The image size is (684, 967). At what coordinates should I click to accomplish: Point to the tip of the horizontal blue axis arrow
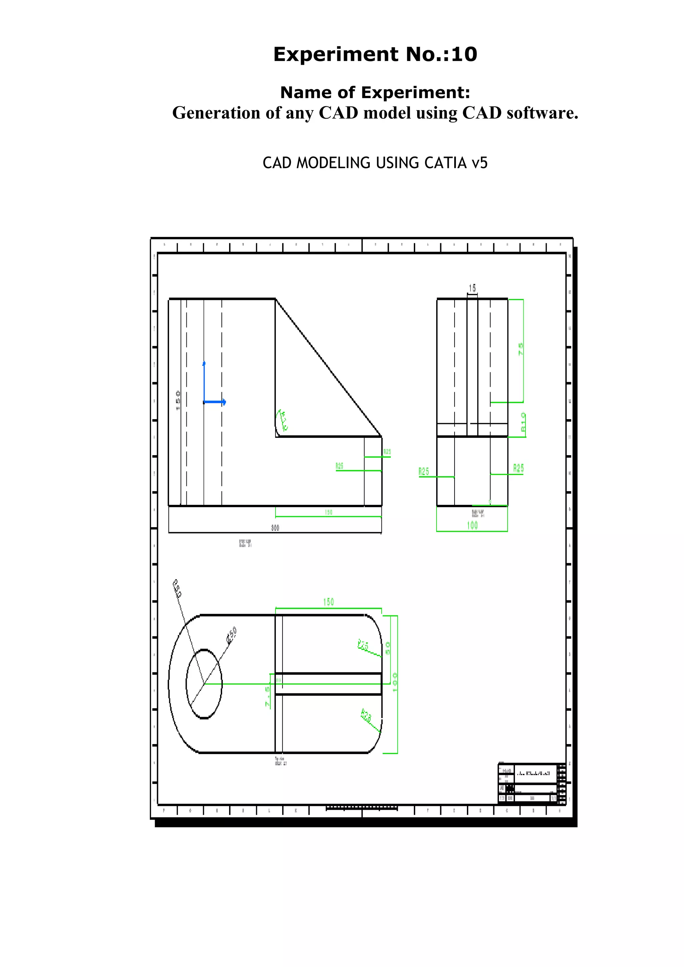coord(225,402)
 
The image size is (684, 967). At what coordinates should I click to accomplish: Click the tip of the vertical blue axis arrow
coord(204,363)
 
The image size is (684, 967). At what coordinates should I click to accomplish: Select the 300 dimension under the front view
coord(275,528)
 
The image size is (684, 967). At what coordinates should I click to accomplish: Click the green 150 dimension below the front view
coord(328,512)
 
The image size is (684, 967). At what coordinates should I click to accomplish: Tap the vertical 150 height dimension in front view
coord(178,400)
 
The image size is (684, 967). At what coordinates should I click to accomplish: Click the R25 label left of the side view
coord(424,471)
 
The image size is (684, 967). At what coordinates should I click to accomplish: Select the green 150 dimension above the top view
coord(328,602)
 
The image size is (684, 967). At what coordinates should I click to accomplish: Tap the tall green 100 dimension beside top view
coord(395,682)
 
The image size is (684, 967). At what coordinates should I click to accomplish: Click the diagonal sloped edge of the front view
coord(329,368)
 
